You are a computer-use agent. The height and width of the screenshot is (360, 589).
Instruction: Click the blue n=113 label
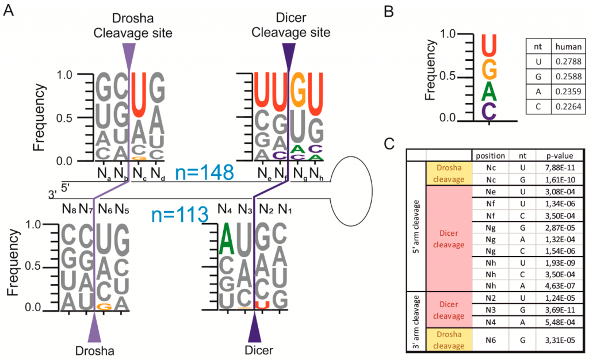pos(179,215)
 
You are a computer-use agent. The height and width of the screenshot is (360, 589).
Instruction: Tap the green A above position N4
pos(227,240)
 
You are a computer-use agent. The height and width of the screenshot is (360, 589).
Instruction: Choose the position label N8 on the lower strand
pos(69,209)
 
